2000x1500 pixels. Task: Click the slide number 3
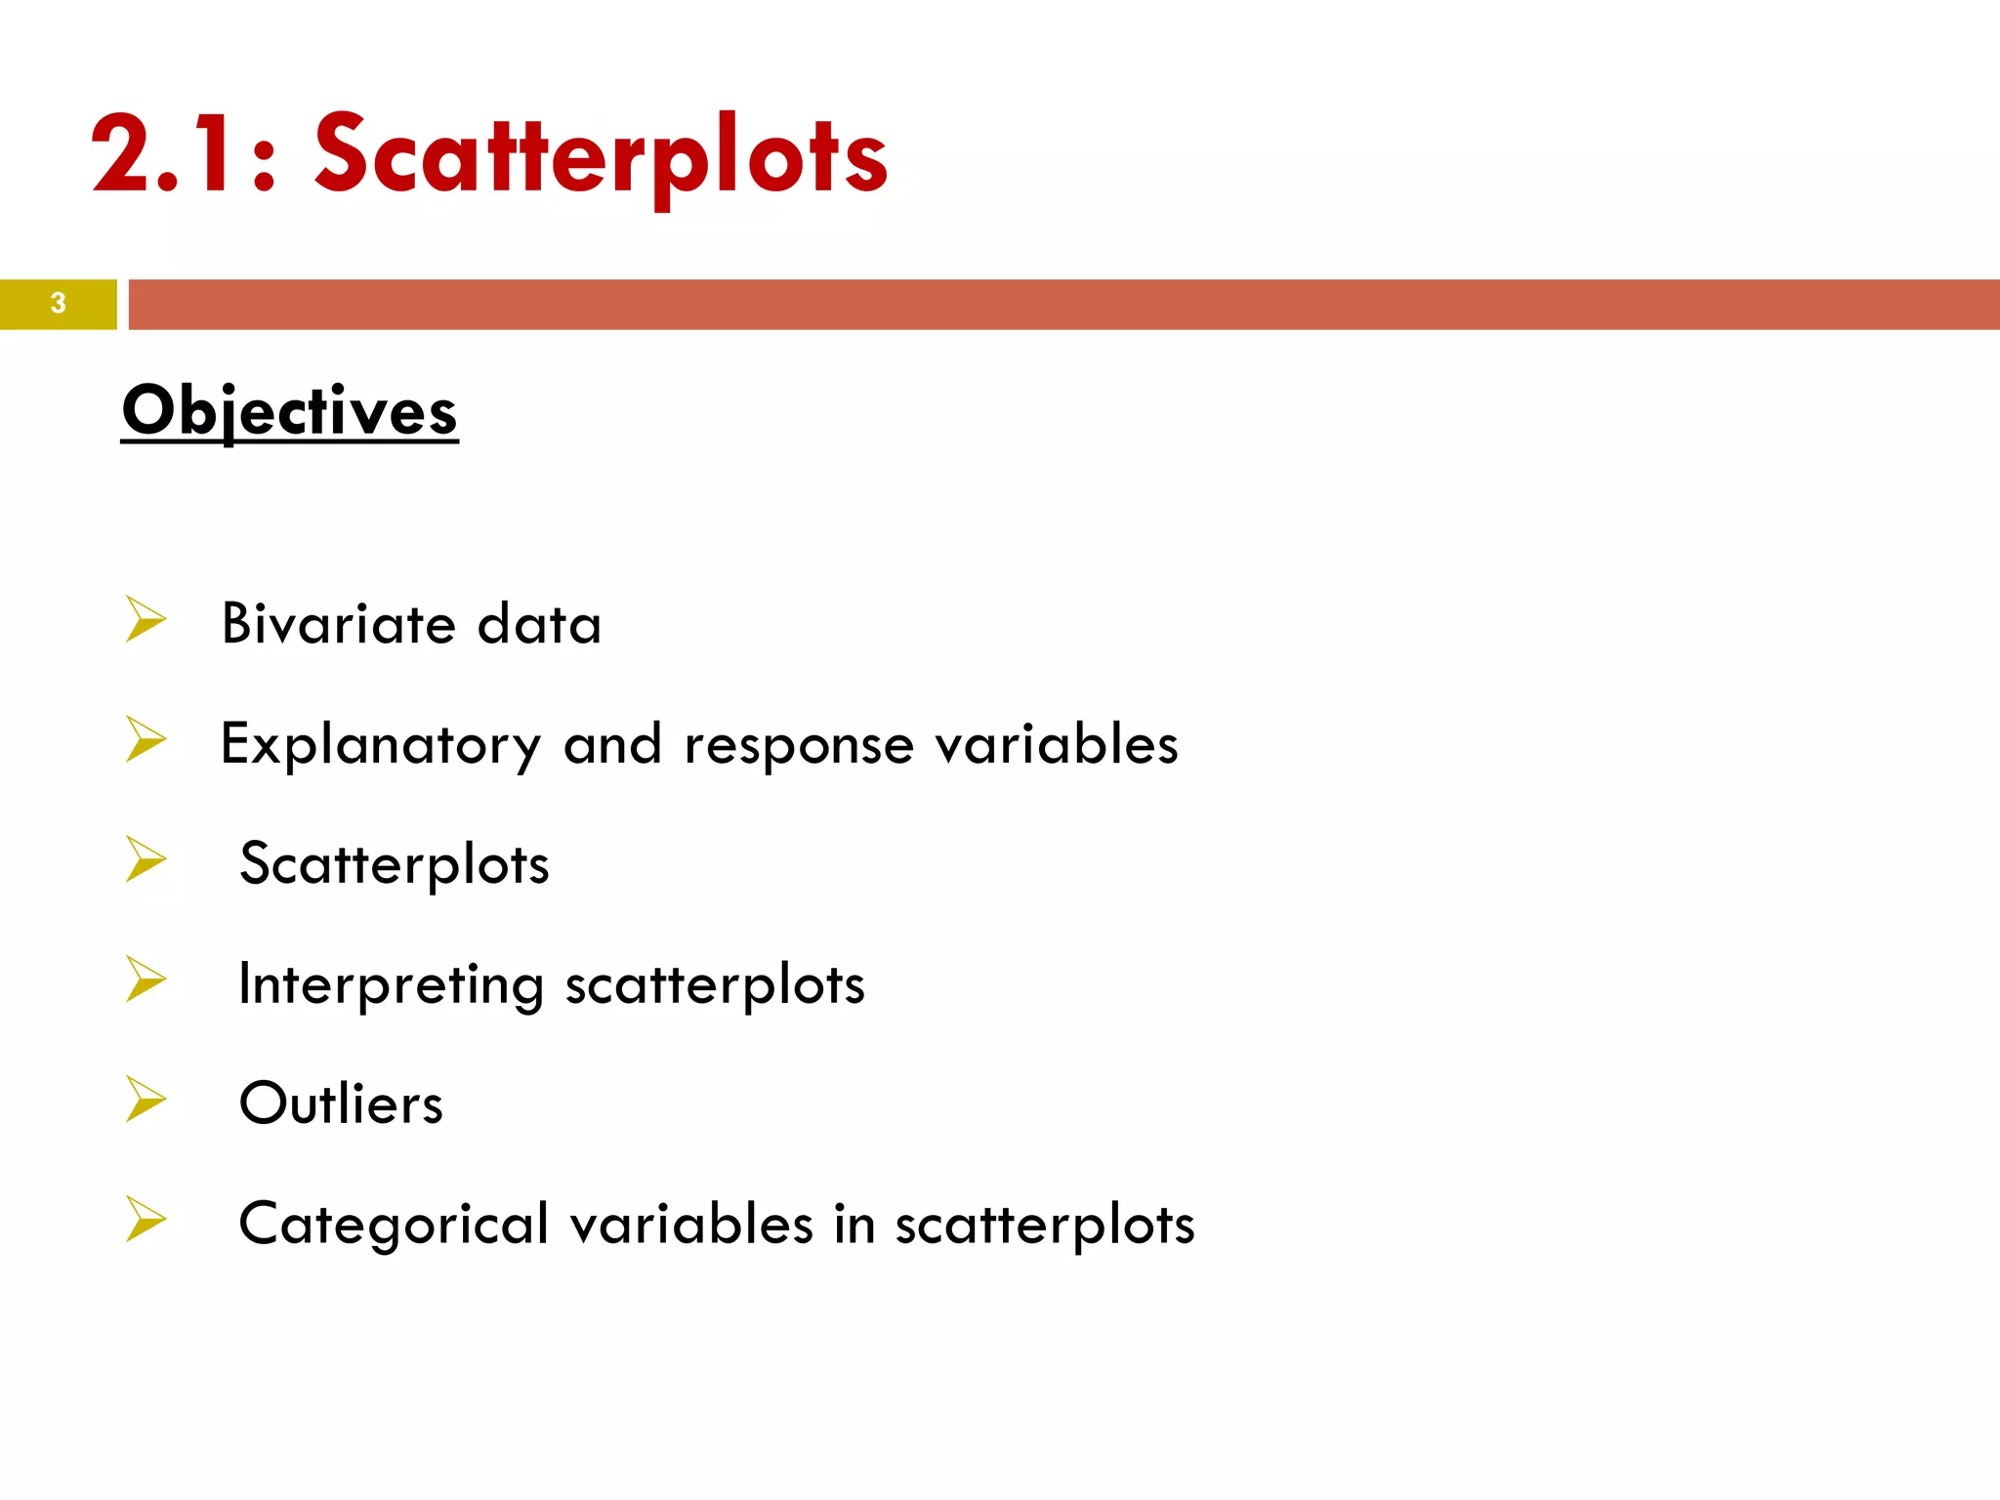tap(59, 304)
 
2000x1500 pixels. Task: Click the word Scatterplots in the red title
tap(601, 156)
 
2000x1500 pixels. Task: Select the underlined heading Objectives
tap(290, 411)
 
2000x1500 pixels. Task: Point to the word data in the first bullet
tap(539, 625)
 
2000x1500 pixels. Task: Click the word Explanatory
tap(380, 745)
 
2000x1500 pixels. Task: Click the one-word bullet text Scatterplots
tap(395, 864)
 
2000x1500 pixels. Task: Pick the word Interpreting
tap(391, 984)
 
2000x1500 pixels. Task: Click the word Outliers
tap(341, 1104)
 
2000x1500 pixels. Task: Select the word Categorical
tap(394, 1225)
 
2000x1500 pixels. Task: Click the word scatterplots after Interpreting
tap(715, 984)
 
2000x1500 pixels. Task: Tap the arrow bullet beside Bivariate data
tap(146, 619)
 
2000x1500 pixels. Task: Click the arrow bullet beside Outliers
tap(146, 1099)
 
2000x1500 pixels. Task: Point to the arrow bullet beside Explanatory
tap(146, 739)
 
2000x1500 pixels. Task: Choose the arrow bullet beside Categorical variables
tap(146, 1219)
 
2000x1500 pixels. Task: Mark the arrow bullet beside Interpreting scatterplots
tap(146, 979)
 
